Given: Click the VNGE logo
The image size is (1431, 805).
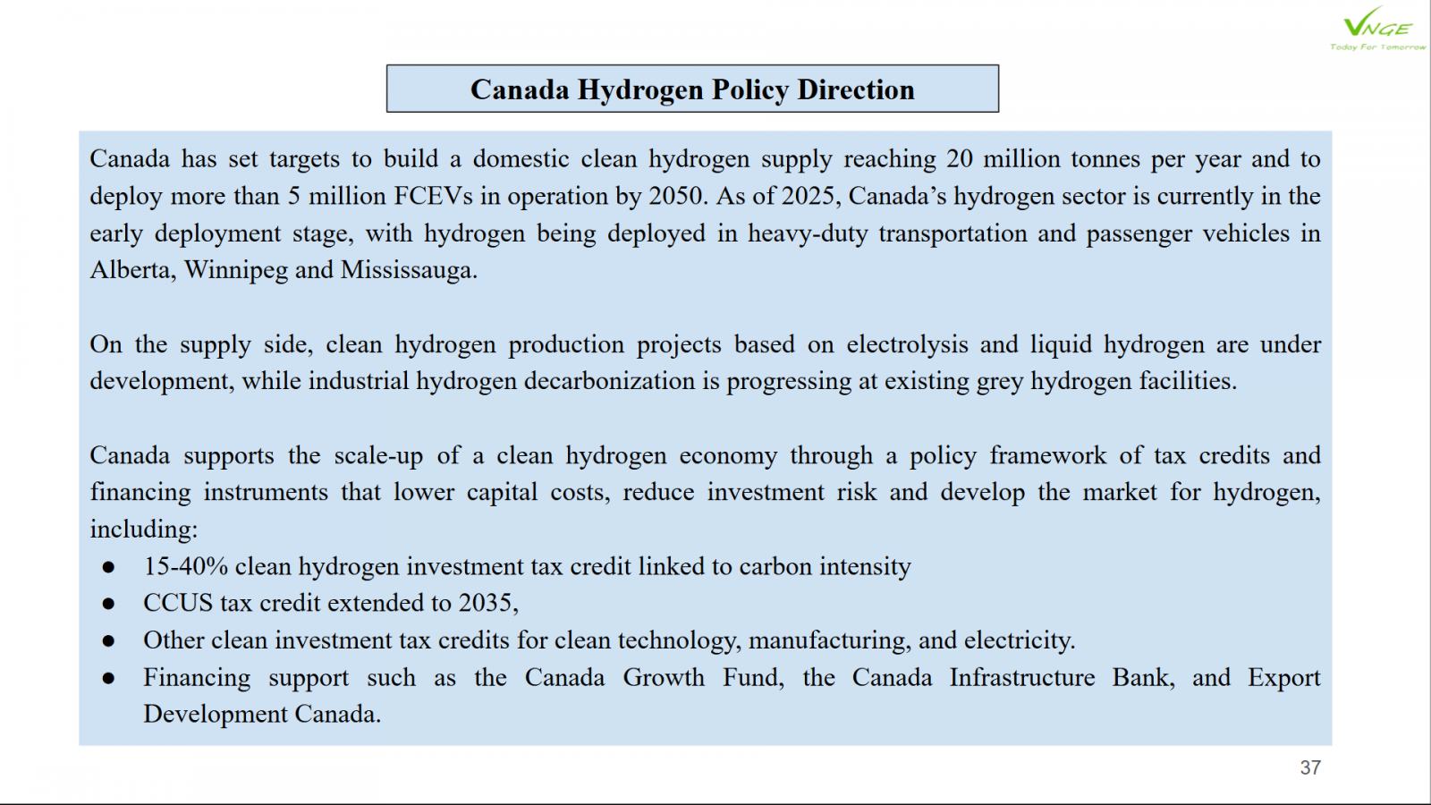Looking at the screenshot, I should [1377, 29].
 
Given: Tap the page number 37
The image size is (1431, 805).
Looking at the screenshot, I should [1310, 767].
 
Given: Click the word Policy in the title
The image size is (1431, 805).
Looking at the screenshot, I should [749, 89].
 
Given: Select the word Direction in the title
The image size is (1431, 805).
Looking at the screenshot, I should [856, 89].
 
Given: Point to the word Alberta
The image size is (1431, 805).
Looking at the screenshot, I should [131, 270].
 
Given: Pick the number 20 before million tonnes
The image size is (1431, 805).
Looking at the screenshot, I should [960, 159].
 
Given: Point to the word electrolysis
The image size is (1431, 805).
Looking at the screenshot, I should [908, 344].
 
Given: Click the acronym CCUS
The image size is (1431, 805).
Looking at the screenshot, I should [178, 603].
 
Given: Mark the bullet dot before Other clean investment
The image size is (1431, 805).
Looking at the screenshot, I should [108, 640].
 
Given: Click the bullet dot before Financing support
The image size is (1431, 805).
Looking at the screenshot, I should [108, 678].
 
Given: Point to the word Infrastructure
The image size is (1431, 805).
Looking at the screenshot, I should [1021, 678].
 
